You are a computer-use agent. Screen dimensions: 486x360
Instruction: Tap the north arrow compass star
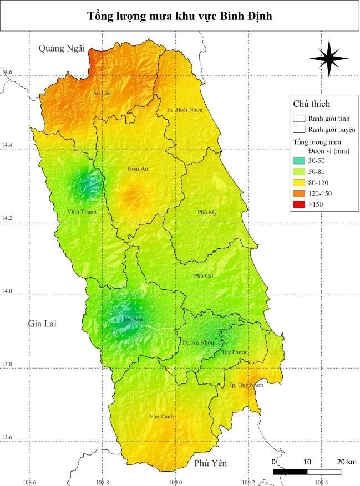pos(328,58)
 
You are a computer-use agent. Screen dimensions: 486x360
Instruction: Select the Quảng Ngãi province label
pos(62,49)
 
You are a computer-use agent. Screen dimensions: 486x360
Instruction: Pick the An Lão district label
pos(102,94)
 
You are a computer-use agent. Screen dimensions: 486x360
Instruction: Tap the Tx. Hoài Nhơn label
pos(185,110)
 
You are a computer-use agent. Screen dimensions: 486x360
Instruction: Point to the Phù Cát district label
pos(204,275)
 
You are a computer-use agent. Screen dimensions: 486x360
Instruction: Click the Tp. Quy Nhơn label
pos(246,385)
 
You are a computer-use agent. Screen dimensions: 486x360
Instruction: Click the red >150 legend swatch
pos(300,204)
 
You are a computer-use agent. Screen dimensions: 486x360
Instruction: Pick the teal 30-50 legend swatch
pos(300,160)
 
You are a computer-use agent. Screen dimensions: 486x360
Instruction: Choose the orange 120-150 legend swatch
pos(300,193)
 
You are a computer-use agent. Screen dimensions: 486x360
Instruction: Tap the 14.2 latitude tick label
pos(7,218)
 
